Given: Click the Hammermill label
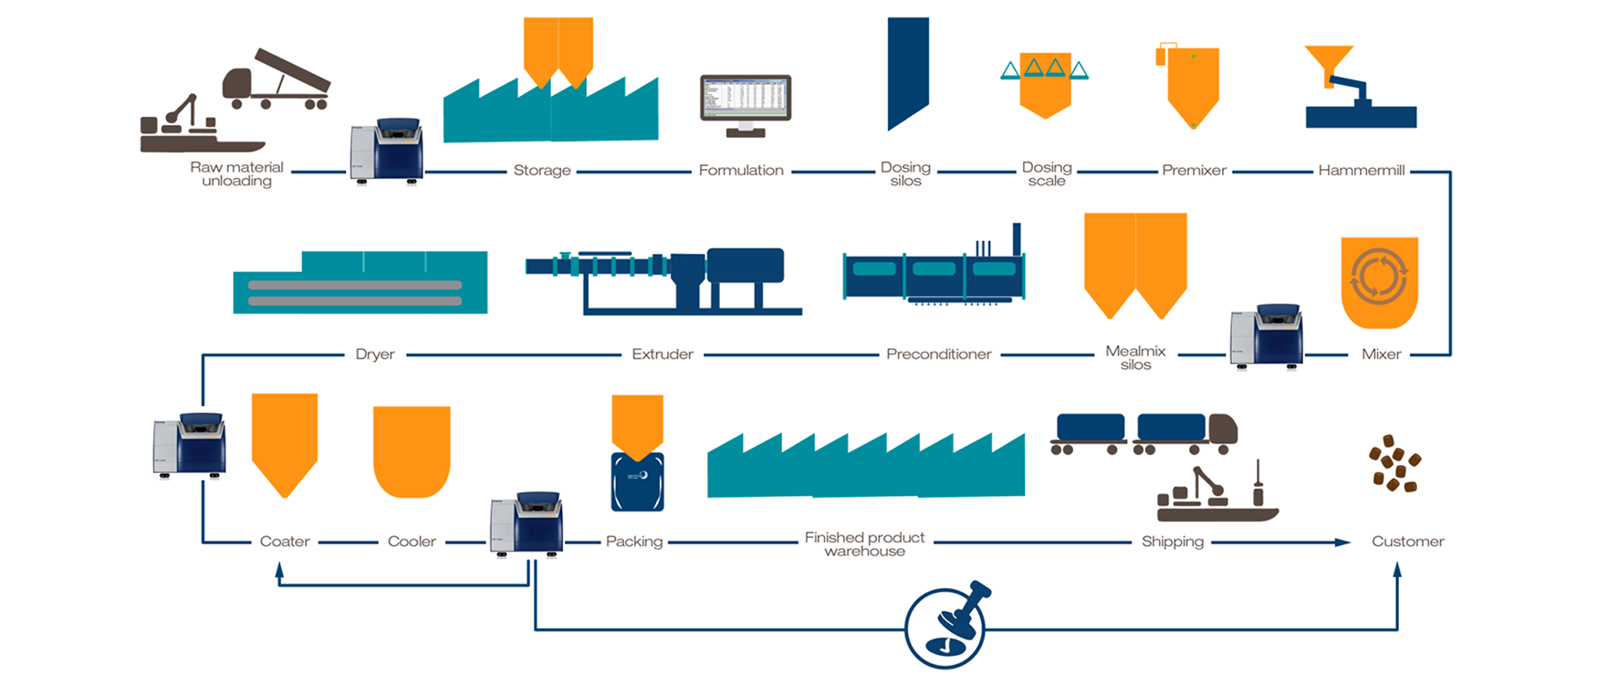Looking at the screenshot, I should pos(1361,171).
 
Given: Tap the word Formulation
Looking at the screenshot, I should pos(741,171).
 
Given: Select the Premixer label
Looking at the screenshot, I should pos(1194,171).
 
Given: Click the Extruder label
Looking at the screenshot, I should pos(663,354).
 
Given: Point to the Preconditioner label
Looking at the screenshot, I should pos(938,354).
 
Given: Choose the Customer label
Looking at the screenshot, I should pos(1407,542).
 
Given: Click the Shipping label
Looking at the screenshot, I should pos(1173,542).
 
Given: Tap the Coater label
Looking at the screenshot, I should pos(285,542).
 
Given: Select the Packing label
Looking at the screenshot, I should pos(634,542).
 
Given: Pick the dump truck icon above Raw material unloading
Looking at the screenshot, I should pos(276,81).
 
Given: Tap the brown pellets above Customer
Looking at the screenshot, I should pos(1393,463).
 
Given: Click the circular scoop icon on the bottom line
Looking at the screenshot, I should pos(945,627).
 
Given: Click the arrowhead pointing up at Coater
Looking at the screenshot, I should pos(279,569).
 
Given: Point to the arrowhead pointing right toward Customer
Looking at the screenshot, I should pos(1342,543).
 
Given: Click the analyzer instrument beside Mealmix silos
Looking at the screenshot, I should pos(1267,336).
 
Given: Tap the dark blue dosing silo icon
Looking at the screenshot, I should pos(908,72).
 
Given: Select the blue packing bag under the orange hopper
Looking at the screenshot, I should pos(637,481).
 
